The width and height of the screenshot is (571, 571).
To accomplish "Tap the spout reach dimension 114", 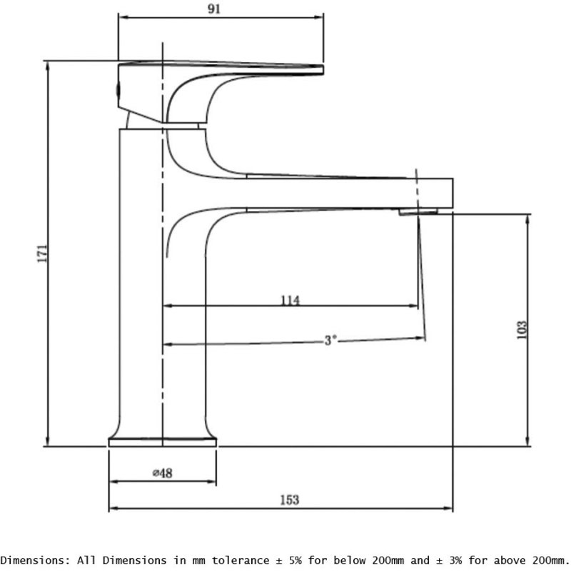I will (x=290, y=300).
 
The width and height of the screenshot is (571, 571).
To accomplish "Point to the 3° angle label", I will (x=330, y=340).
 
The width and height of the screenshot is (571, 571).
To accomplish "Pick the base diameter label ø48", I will (x=163, y=473).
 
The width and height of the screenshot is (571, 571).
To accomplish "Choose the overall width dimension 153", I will (x=289, y=500).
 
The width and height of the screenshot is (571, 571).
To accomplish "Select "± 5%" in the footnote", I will (x=323, y=559).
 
